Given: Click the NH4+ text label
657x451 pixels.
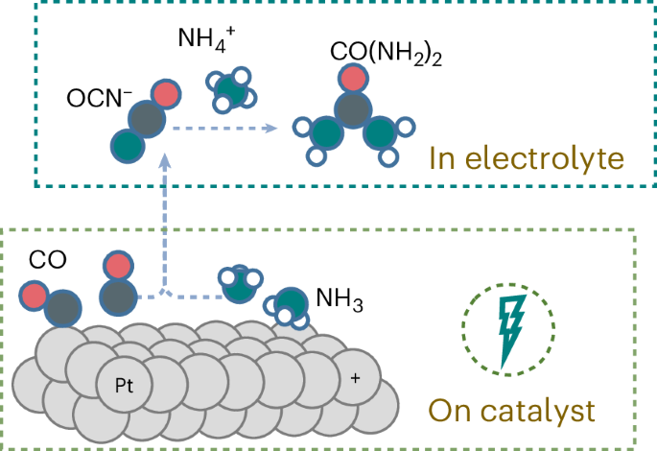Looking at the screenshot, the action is pyautogui.click(x=206, y=38).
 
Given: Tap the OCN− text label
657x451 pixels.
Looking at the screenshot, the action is pyautogui.click(x=100, y=99).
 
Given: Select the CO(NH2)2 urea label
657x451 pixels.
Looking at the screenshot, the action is pyautogui.click(x=386, y=53).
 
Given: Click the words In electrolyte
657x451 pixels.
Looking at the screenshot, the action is pyautogui.click(x=527, y=158).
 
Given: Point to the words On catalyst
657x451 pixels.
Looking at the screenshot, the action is pyautogui.click(x=511, y=411).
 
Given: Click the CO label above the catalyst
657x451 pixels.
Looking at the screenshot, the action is pyautogui.click(x=47, y=260).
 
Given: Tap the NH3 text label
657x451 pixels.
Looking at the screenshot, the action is pyautogui.click(x=340, y=299).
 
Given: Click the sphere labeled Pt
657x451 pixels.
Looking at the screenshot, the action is pyautogui.click(x=124, y=384).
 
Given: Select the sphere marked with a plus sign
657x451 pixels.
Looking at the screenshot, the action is pyautogui.click(x=355, y=378).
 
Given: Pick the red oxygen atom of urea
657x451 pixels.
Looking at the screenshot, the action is pyautogui.click(x=353, y=78).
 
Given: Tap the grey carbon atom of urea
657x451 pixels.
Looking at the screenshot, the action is pyautogui.click(x=353, y=109).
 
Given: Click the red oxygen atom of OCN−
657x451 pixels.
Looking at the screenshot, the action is pyautogui.click(x=166, y=94).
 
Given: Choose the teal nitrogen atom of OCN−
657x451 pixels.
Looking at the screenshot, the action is pyautogui.click(x=128, y=146).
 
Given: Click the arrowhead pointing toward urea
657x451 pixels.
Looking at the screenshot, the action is pyautogui.click(x=271, y=129).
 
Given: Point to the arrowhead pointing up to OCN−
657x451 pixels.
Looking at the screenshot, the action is pyautogui.click(x=165, y=161).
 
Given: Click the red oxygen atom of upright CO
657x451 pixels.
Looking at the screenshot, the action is pyautogui.click(x=118, y=266).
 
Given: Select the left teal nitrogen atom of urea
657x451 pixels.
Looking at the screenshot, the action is pyautogui.click(x=327, y=133).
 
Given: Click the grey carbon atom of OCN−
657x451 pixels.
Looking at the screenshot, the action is pyautogui.click(x=147, y=119).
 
